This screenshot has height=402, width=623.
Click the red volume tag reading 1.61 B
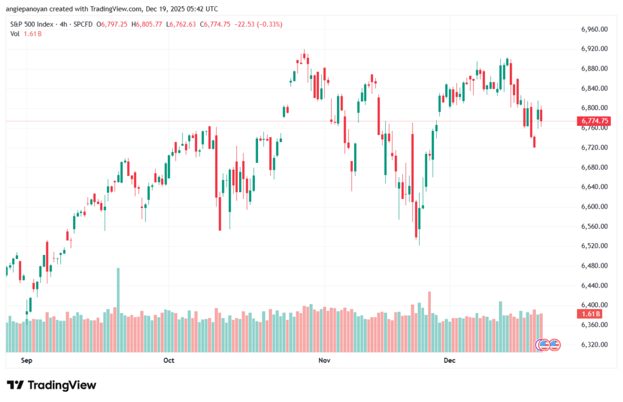click(x=587, y=314)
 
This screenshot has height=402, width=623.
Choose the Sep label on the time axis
click(x=26, y=361)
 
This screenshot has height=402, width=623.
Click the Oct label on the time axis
click(x=169, y=361)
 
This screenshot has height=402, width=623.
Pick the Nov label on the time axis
click(x=324, y=361)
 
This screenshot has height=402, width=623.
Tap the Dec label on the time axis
click(x=450, y=361)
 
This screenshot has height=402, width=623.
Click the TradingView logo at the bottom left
click(x=52, y=385)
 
